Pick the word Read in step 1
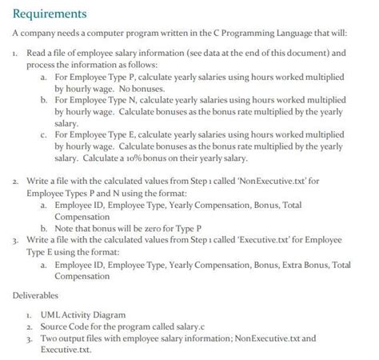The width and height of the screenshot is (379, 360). [37, 52]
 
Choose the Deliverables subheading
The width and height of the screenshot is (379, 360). [37, 295]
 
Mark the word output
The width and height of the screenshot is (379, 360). [62, 338]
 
